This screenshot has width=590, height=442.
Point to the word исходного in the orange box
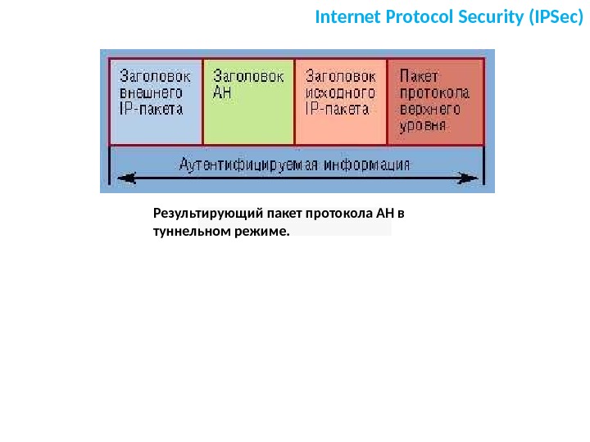(x=339, y=92)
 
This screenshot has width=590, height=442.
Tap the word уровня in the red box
(x=423, y=126)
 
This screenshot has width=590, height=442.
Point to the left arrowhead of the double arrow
(x=123, y=176)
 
